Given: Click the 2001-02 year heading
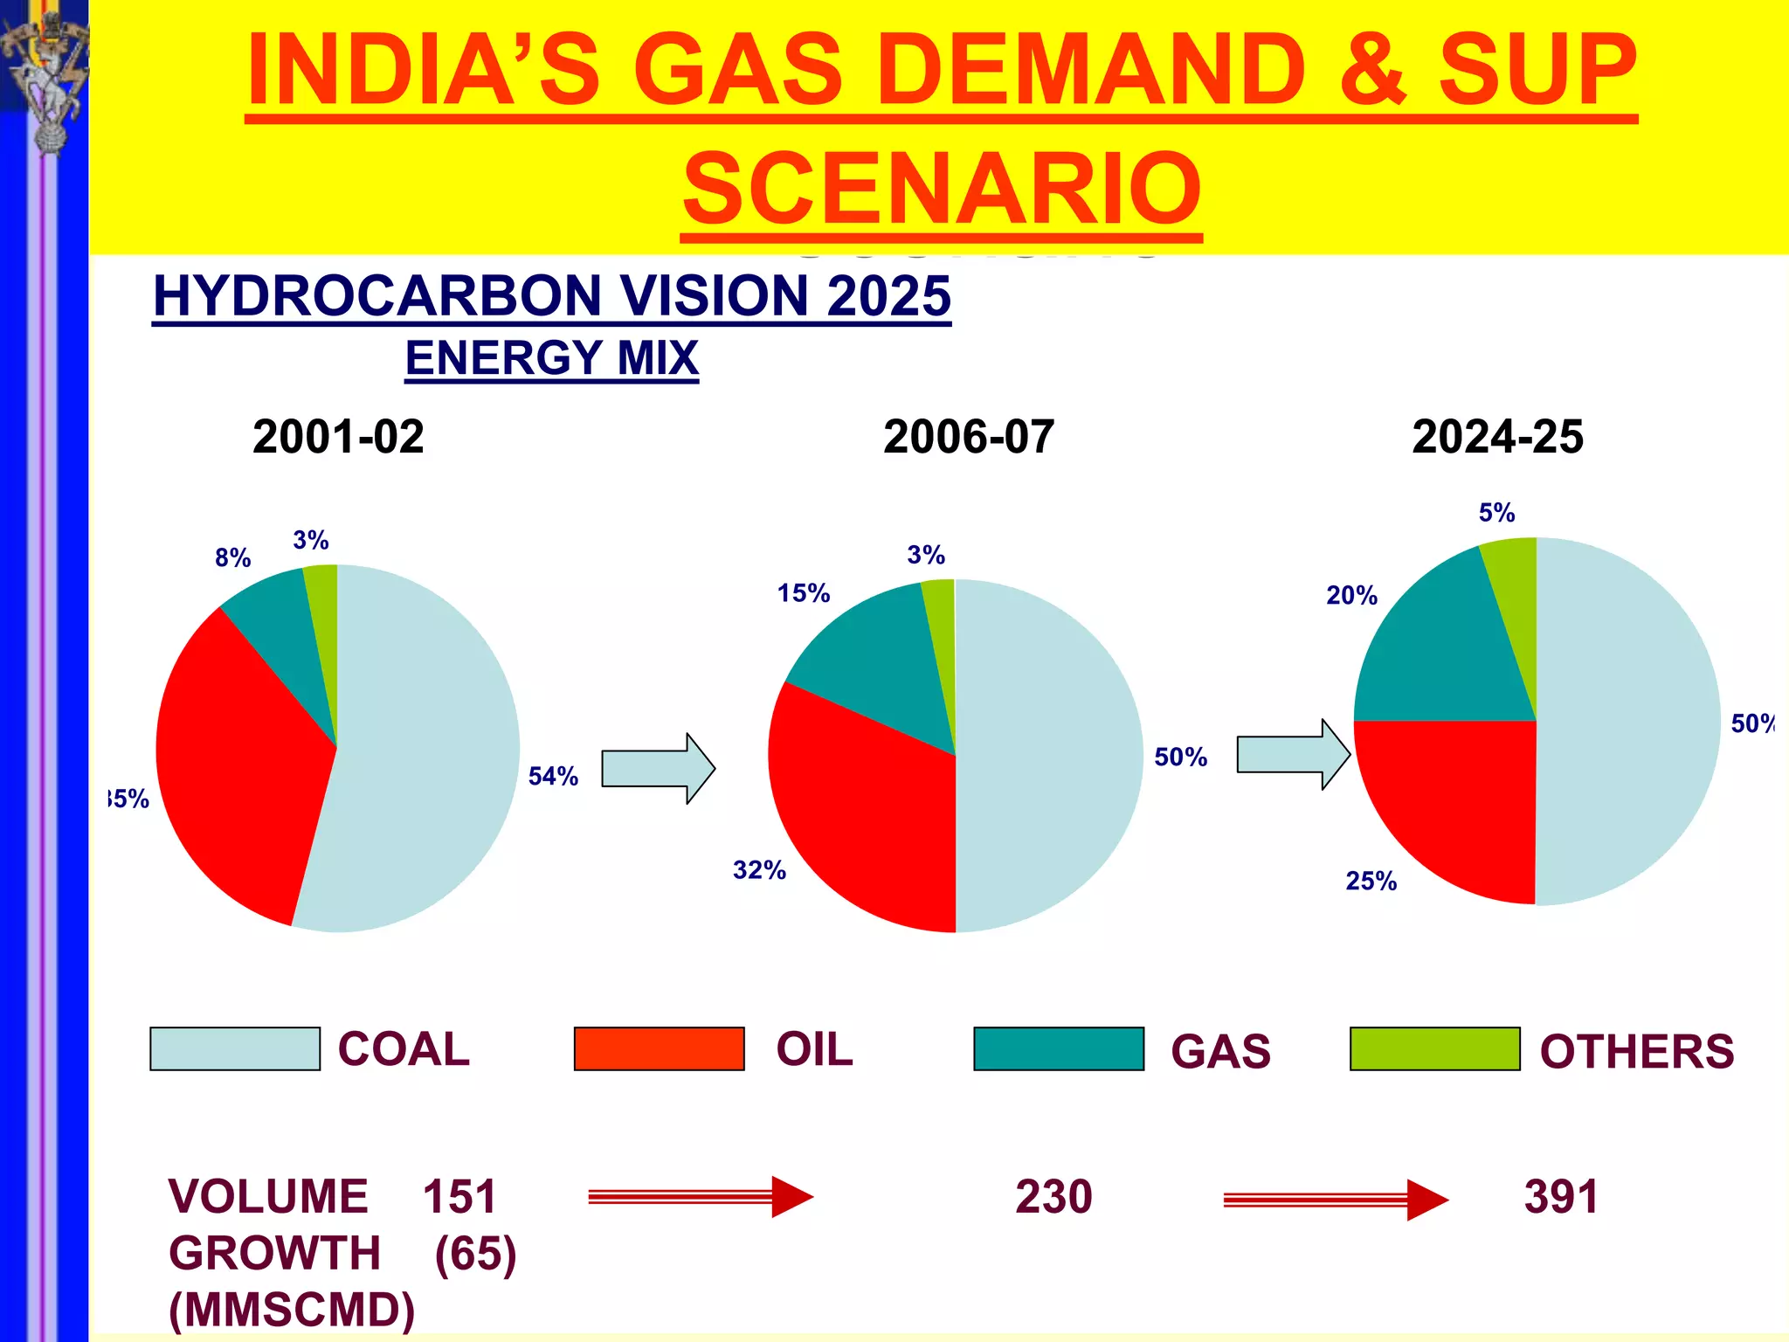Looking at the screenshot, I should (338, 437).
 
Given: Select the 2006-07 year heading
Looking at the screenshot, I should (969, 437).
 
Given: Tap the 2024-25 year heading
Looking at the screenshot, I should (1497, 437).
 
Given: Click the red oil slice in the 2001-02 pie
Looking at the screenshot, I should (236, 769).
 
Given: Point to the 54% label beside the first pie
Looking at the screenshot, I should (553, 776).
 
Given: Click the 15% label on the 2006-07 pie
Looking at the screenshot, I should (804, 593).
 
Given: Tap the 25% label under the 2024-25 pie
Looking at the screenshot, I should (1371, 881).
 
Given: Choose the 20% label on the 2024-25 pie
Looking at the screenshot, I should (1351, 596).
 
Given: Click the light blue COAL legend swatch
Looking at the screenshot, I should (235, 1048).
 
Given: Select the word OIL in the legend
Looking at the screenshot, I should (814, 1049).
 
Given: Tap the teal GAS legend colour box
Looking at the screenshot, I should (1058, 1048).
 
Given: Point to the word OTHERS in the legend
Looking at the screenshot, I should (1636, 1051).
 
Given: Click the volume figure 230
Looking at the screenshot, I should (1053, 1197).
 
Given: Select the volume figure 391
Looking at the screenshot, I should (1561, 1197).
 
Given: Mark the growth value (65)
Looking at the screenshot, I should (475, 1254).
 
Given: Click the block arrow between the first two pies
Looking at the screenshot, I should (658, 769).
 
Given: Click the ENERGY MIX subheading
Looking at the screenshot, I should (552, 358).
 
